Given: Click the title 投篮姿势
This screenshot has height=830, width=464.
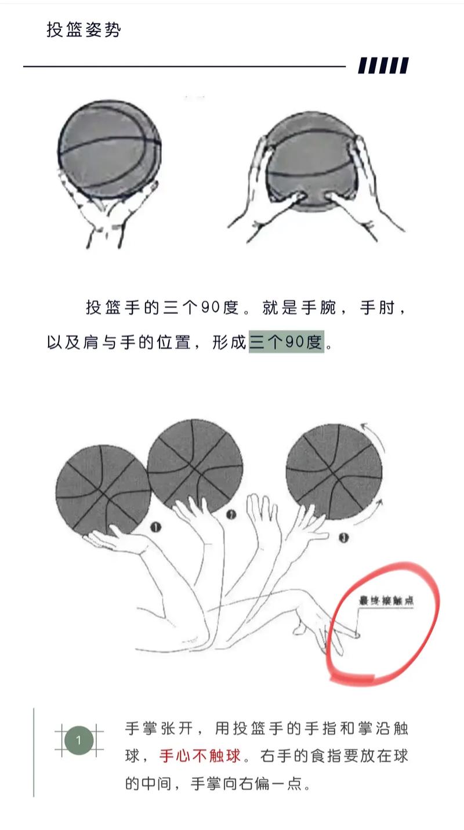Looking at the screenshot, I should [x=84, y=30].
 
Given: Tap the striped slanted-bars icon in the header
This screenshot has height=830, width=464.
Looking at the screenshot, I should [x=383, y=66].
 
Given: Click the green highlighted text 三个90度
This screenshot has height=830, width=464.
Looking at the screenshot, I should [x=286, y=342].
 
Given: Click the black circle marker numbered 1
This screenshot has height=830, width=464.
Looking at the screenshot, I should [x=155, y=527].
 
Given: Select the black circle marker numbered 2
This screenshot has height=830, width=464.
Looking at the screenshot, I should [x=231, y=514].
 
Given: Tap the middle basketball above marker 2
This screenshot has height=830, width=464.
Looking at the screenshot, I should [x=194, y=466].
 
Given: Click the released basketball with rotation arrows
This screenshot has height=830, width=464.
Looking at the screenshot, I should [x=334, y=472].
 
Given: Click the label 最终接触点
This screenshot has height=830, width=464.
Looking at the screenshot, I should [x=386, y=601].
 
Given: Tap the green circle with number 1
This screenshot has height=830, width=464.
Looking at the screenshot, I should [x=79, y=740].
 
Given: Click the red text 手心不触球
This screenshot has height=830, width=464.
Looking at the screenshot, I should [x=200, y=756].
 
